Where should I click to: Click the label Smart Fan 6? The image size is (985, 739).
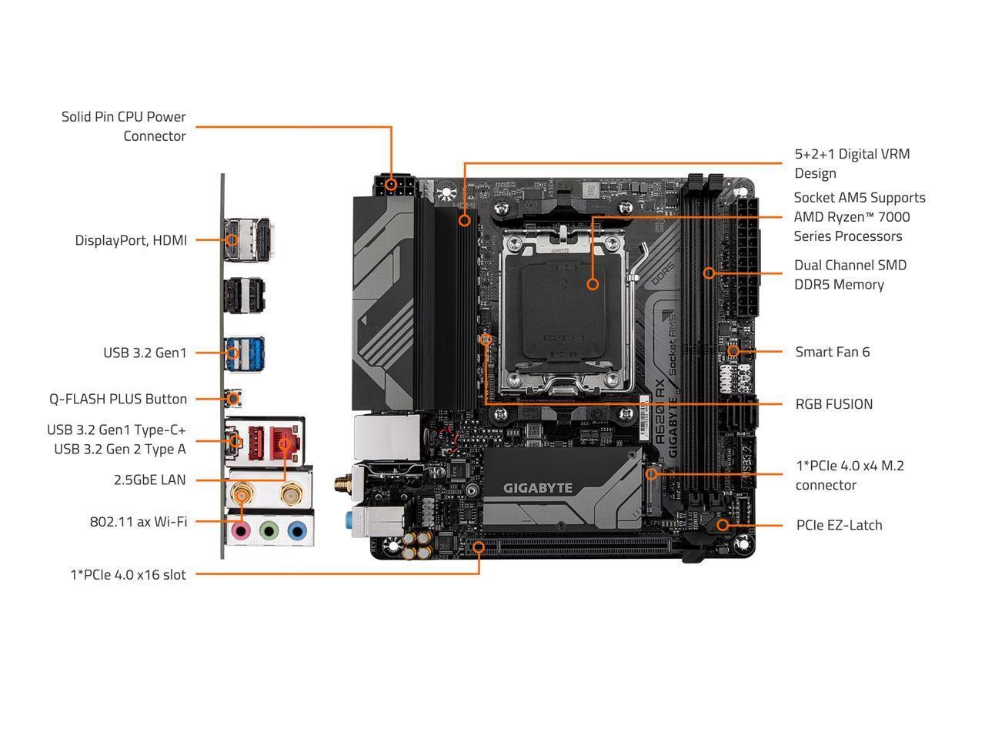coord(832,352)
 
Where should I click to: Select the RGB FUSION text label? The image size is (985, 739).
coord(833,404)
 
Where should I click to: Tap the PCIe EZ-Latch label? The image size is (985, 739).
coord(839,525)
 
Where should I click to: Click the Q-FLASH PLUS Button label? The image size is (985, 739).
coord(118,399)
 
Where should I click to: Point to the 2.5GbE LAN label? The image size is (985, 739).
coord(149,480)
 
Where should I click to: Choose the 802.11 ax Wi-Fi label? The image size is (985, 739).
coord(138,521)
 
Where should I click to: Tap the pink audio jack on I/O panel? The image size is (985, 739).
coord(242,530)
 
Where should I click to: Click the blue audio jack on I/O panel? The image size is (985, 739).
coord(296,530)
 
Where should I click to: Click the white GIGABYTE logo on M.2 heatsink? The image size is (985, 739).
coord(538,487)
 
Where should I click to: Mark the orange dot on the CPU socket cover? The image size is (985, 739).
coord(593,284)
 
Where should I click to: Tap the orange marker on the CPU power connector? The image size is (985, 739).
coord(392,184)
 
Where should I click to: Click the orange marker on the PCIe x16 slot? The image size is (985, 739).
coord(479,547)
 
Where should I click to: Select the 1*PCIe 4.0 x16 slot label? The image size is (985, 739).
coord(128,574)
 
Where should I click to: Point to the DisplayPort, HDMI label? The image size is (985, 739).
coord(131,240)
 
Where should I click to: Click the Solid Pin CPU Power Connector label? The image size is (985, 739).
coord(124,126)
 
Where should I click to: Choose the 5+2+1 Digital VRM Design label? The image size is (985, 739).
coord(852,163)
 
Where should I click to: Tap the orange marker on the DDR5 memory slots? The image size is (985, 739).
coord(709,273)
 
